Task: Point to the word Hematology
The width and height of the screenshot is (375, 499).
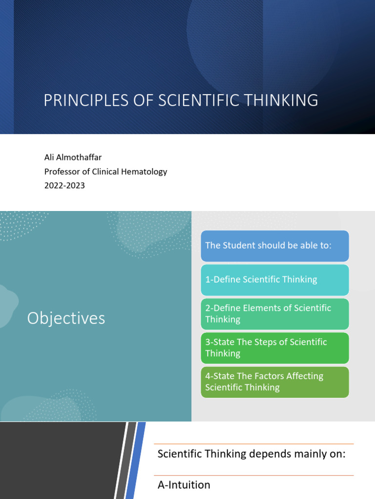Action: click(145, 172)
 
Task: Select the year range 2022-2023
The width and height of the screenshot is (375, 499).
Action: click(64, 186)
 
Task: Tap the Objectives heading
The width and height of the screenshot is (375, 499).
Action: click(66, 318)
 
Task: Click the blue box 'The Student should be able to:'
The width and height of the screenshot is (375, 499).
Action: click(274, 246)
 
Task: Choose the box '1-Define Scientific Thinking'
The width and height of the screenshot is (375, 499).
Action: click(274, 280)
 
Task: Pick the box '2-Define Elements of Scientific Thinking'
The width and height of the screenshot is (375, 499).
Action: click(274, 314)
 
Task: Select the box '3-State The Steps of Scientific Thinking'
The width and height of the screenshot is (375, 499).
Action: click(274, 347)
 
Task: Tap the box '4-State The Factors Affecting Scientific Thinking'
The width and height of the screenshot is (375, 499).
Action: click(274, 382)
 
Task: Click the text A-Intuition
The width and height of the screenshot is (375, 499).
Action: click(184, 485)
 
